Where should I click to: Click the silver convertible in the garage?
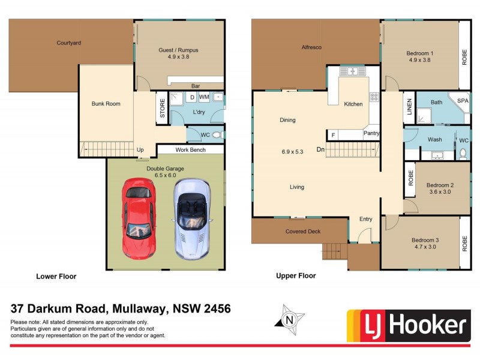[x=193, y=219]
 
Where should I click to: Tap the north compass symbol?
[x=290, y=319]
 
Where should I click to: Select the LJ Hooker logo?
[x=407, y=326]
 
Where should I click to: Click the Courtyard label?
[x=69, y=43]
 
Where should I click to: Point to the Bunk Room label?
[x=106, y=104]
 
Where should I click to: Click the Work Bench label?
[x=191, y=149]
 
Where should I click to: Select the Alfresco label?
[x=313, y=47]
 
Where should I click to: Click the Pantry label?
[x=371, y=133]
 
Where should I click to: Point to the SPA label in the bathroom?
[x=463, y=101]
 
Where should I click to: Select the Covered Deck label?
[x=303, y=232]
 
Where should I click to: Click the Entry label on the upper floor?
[x=366, y=220]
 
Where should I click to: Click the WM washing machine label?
[x=204, y=97]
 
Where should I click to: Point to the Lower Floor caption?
[x=56, y=277]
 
